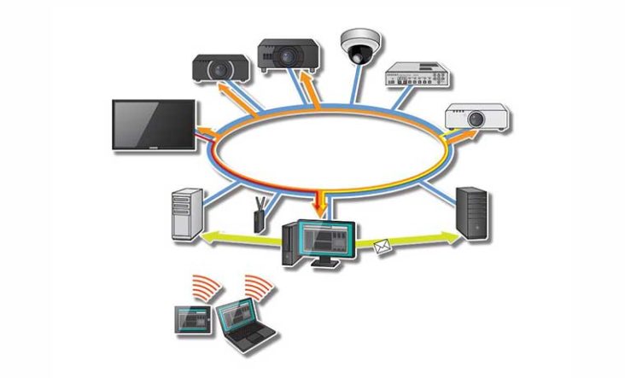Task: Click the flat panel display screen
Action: click(x=155, y=125)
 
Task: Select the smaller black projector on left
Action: click(x=220, y=68)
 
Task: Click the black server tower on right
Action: click(x=472, y=214)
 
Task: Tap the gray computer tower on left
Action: click(x=185, y=213)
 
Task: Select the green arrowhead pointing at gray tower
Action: click(x=208, y=240)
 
